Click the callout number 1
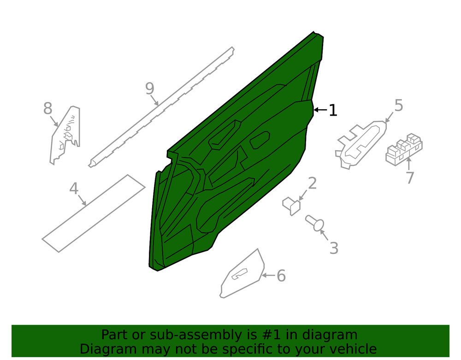tap(332, 110)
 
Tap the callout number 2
tap(312, 183)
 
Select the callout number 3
tap(334, 248)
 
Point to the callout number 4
tap(74, 189)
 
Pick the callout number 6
tap(281, 276)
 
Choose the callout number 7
tap(410, 178)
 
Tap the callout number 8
tap(47, 108)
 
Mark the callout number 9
tap(150, 89)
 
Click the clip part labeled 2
tap(291, 206)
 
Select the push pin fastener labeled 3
tap(315, 223)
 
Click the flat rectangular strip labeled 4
tap(94, 213)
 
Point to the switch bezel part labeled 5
tap(361, 145)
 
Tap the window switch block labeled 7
tap(404, 149)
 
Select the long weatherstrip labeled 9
tap(161, 107)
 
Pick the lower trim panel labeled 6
tap(242, 274)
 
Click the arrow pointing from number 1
tap(320, 110)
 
